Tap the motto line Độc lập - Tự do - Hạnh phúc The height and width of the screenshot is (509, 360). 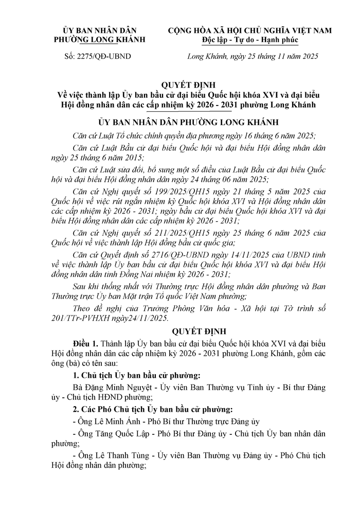(x=250, y=39)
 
